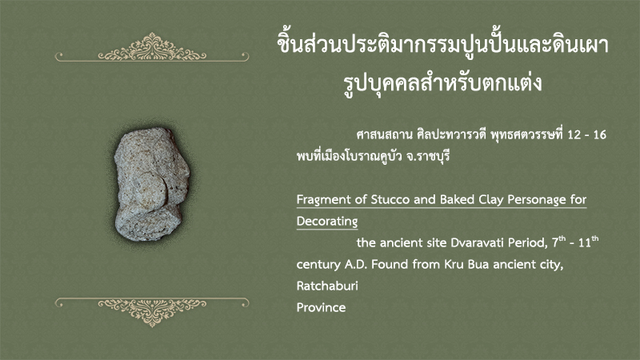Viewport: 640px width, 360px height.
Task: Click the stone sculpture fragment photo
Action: click(152, 184)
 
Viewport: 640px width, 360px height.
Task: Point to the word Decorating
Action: click(327, 222)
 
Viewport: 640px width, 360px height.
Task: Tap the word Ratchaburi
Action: click(327, 286)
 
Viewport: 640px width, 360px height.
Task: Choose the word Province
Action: click(321, 307)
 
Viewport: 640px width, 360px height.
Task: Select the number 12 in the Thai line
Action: click(574, 134)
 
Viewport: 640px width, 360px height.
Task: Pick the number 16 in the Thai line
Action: click(599, 134)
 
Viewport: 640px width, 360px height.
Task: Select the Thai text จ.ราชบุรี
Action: click(427, 156)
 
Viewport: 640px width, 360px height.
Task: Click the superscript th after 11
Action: click(595, 238)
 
